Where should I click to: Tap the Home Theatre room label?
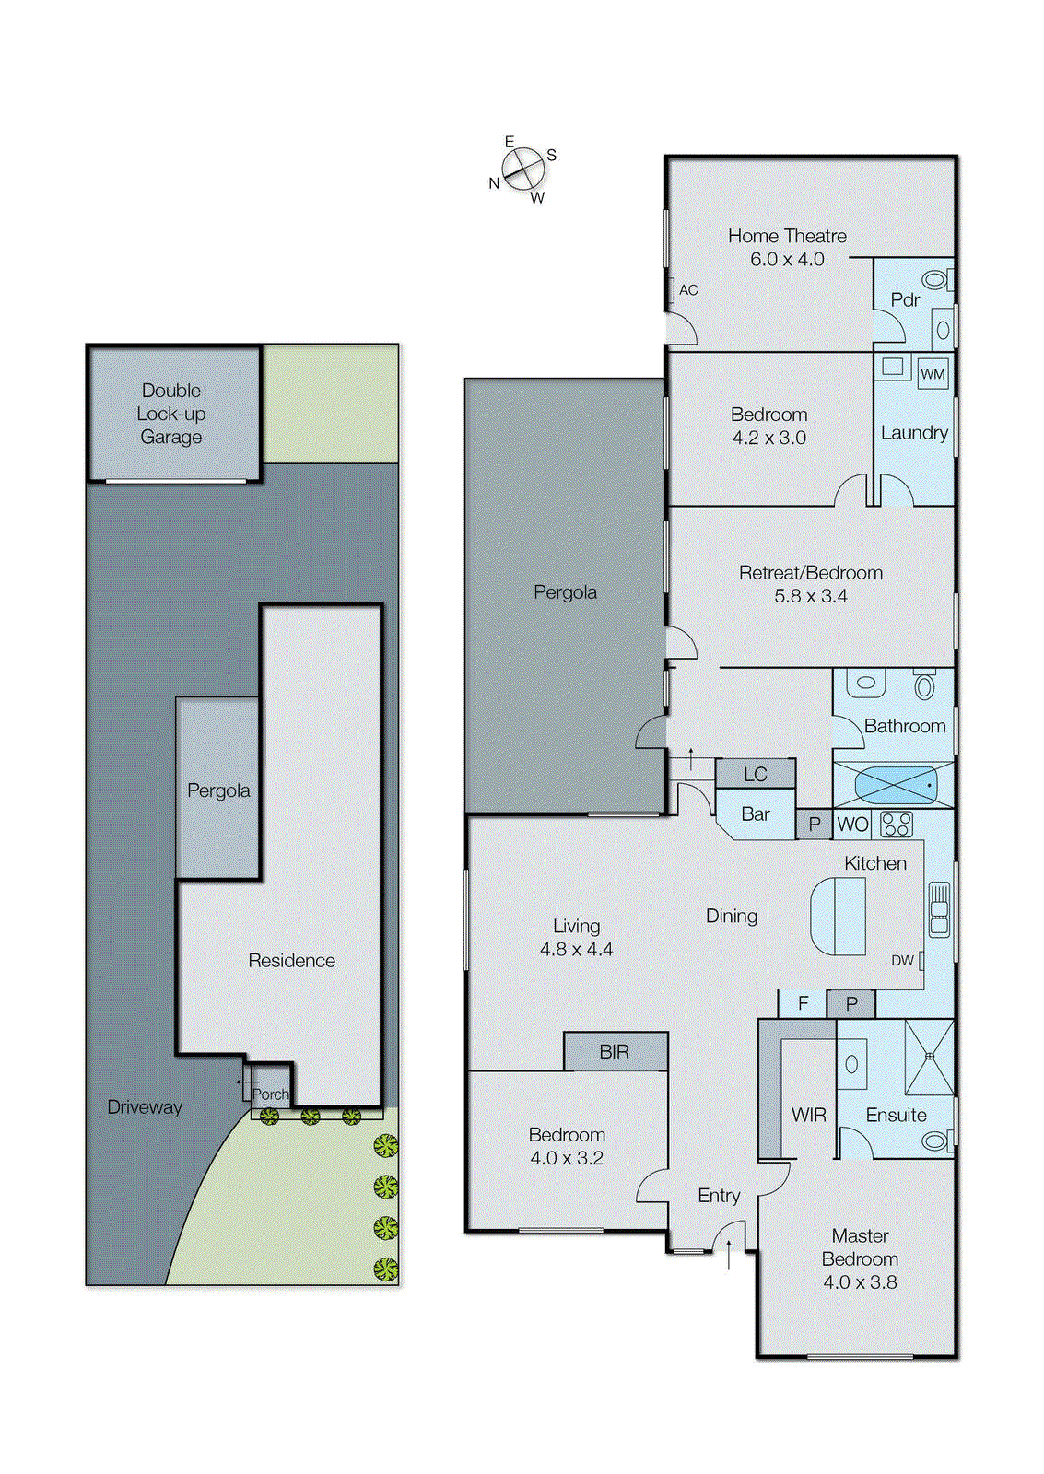point(787,237)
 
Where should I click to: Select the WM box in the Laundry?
point(933,374)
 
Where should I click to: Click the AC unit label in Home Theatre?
point(688,290)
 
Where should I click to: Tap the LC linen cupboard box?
point(756,775)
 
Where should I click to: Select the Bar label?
point(756,814)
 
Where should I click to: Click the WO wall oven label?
point(853,825)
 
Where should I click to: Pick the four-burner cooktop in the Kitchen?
point(896,824)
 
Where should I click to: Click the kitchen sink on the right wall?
point(939,910)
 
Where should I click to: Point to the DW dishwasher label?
point(902,961)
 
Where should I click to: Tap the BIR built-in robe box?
point(615,1052)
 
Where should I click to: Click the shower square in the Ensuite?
point(930,1057)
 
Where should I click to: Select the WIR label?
point(808,1116)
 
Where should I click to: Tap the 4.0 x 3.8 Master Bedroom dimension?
point(860,1282)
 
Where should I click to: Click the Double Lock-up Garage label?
point(171,414)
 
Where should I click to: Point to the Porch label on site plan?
point(271,1094)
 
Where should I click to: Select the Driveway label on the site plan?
point(145,1107)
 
